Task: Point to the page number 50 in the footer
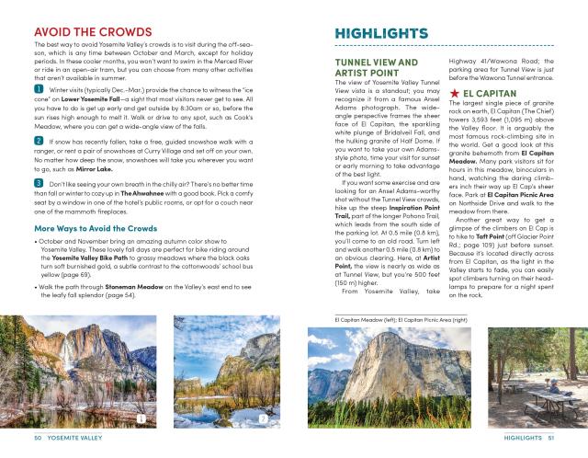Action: tap(39, 438)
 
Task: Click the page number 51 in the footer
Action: tap(549, 438)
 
